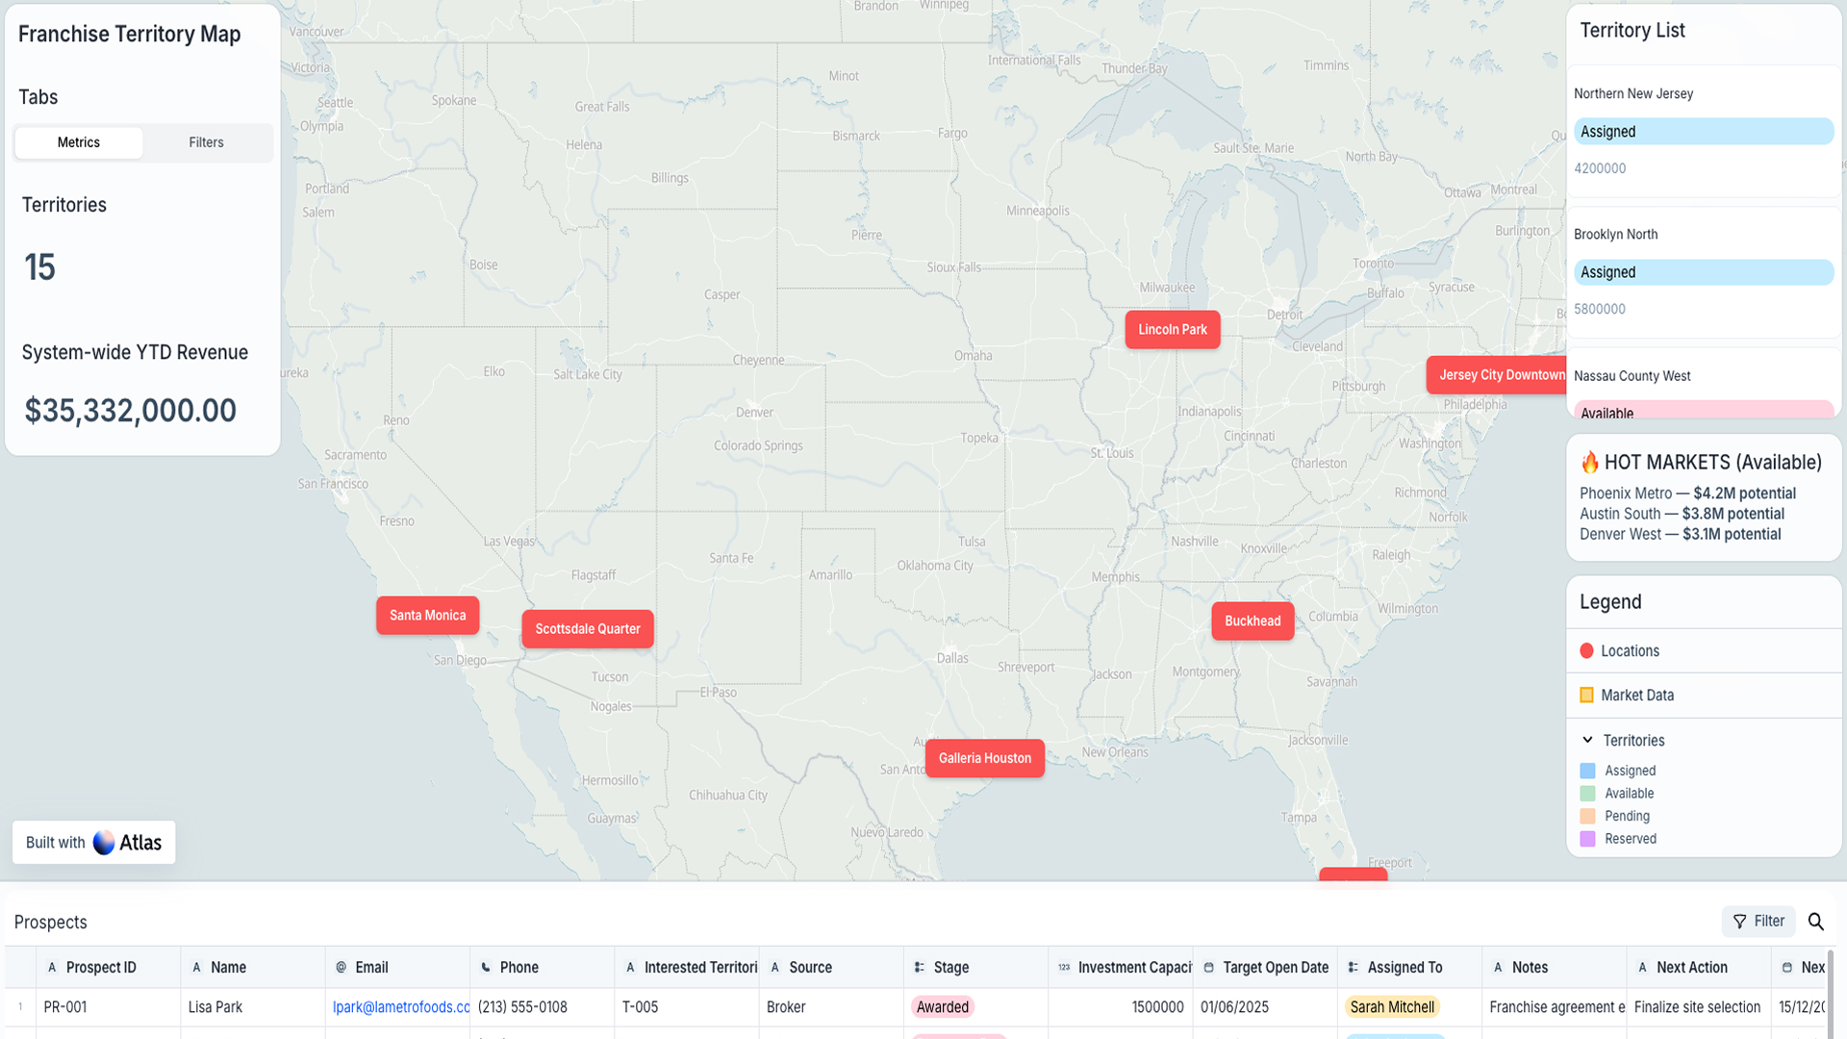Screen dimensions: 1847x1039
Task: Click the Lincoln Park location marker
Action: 1172,330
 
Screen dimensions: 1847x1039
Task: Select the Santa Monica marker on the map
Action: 427,616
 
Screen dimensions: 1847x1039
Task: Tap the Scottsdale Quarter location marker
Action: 587,629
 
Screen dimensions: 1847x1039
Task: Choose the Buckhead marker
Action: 1252,621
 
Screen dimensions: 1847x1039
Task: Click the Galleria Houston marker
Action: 984,759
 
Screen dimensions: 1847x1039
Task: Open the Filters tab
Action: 206,142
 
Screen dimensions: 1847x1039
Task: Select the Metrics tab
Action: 79,142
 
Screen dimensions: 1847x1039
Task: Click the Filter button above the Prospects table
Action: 1758,922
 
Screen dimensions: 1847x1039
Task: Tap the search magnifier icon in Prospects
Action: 1816,922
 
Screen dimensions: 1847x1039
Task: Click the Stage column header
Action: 950,968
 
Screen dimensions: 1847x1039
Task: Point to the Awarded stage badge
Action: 943,1007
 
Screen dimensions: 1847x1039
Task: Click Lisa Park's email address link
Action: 401,1007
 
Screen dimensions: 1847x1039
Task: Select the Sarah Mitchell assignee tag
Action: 1392,1007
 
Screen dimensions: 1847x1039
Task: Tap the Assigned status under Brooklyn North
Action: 1703,272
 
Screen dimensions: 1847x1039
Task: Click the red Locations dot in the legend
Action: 1587,651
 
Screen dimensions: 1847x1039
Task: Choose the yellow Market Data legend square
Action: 1587,696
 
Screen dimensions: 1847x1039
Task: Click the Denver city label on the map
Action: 754,413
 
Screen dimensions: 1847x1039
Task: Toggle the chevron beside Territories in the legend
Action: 1587,741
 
